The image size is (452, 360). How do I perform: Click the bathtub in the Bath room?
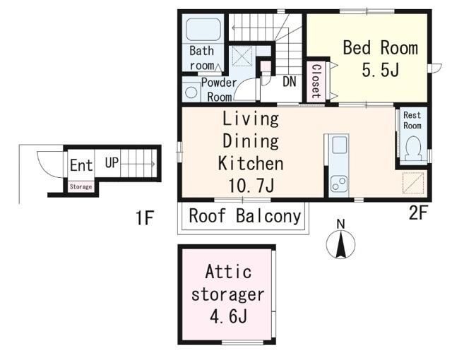[203, 30]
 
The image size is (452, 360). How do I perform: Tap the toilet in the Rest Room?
[413, 148]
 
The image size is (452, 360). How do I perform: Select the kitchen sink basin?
[339, 145]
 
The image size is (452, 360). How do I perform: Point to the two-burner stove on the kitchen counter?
[339, 184]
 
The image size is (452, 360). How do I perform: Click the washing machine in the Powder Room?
[191, 92]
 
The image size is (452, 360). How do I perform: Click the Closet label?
[316, 81]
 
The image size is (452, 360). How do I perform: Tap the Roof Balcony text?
[245, 216]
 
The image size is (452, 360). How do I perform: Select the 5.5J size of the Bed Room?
[381, 70]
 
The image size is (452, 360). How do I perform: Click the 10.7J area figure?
[251, 186]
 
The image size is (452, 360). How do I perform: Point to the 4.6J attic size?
[228, 317]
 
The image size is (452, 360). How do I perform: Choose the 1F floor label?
[145, 217]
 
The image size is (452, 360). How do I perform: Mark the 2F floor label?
[417, 212]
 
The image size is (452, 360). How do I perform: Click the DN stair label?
[290, 81]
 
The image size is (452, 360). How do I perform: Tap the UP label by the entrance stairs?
[112, 163]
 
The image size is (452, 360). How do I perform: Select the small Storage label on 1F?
[81, 186]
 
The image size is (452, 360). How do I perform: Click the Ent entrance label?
[81, 165]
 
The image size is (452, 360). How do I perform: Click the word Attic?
[228, 272]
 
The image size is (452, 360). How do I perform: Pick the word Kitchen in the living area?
[251, 163]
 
